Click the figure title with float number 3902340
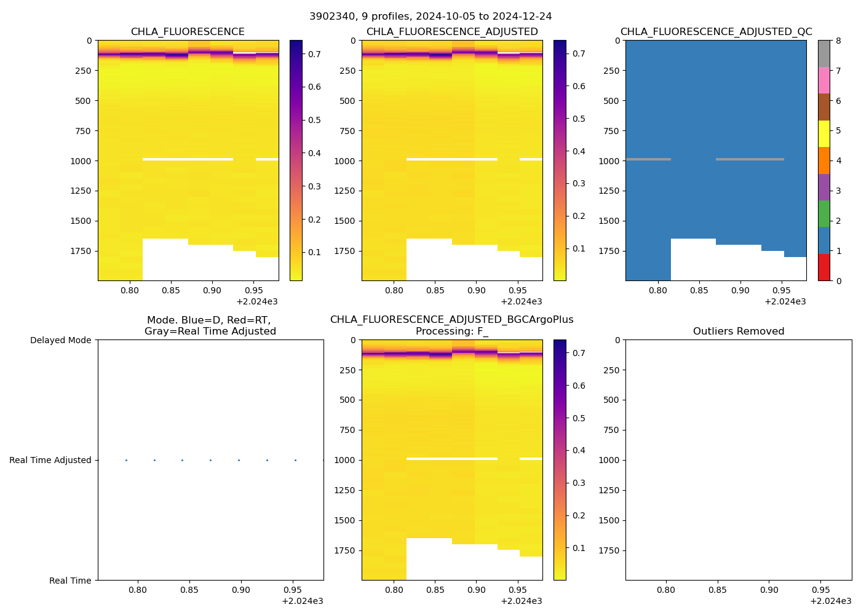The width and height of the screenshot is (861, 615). [x=430, y=16]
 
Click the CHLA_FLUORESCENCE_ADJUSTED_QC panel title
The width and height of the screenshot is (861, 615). [x=716, y=32]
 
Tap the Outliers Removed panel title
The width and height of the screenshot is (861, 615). [x=739, y=331]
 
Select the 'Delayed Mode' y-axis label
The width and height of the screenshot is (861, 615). [x=60, y=340]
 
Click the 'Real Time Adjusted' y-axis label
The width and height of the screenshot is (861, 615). [x=50, y=460]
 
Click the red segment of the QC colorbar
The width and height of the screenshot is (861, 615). [x=823, y=268]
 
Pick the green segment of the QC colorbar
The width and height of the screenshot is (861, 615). [x=823, y=214]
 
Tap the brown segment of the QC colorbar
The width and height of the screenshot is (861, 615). [x=823, y=107]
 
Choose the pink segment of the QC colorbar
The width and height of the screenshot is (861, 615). [x=823, y=80]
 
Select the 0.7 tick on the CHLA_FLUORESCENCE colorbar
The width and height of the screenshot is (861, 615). [x=314, y=54]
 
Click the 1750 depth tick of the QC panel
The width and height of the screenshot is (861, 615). [x=609, y=251]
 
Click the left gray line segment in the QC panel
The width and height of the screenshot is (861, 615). [x=648, y=159]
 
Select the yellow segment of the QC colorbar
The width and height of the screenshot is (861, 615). [x=823, y=133]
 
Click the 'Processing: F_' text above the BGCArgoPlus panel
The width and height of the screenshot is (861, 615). [x=451, y=331]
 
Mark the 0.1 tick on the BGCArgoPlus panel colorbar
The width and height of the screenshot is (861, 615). [x=579, y=548]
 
